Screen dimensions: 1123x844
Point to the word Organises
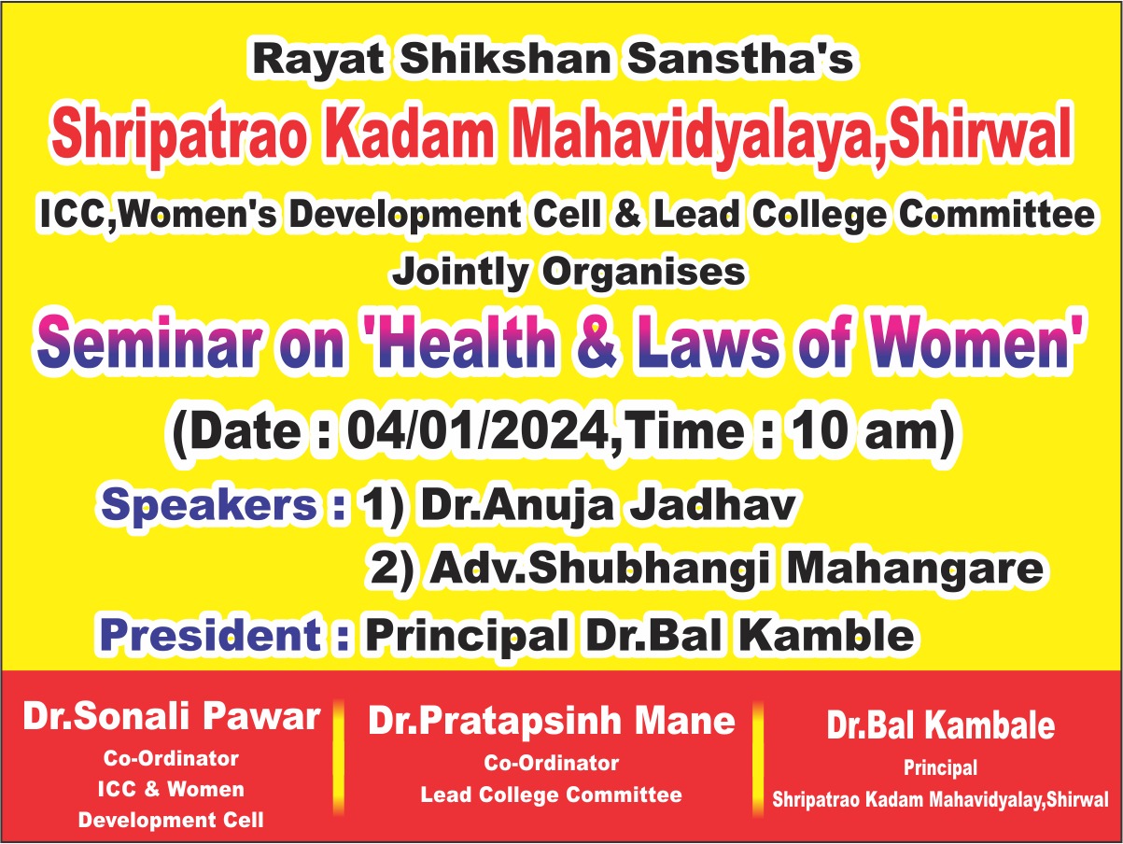pos(643,272)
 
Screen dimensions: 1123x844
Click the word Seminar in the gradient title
pos(148,341)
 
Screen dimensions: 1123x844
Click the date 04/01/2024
pos(477,432)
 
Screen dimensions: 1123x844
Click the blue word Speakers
pos(209,505)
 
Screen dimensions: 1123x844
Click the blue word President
pos(211,635)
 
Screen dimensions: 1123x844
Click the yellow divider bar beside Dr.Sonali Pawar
pos(338,756)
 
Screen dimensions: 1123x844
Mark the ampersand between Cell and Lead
pos(627,214)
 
